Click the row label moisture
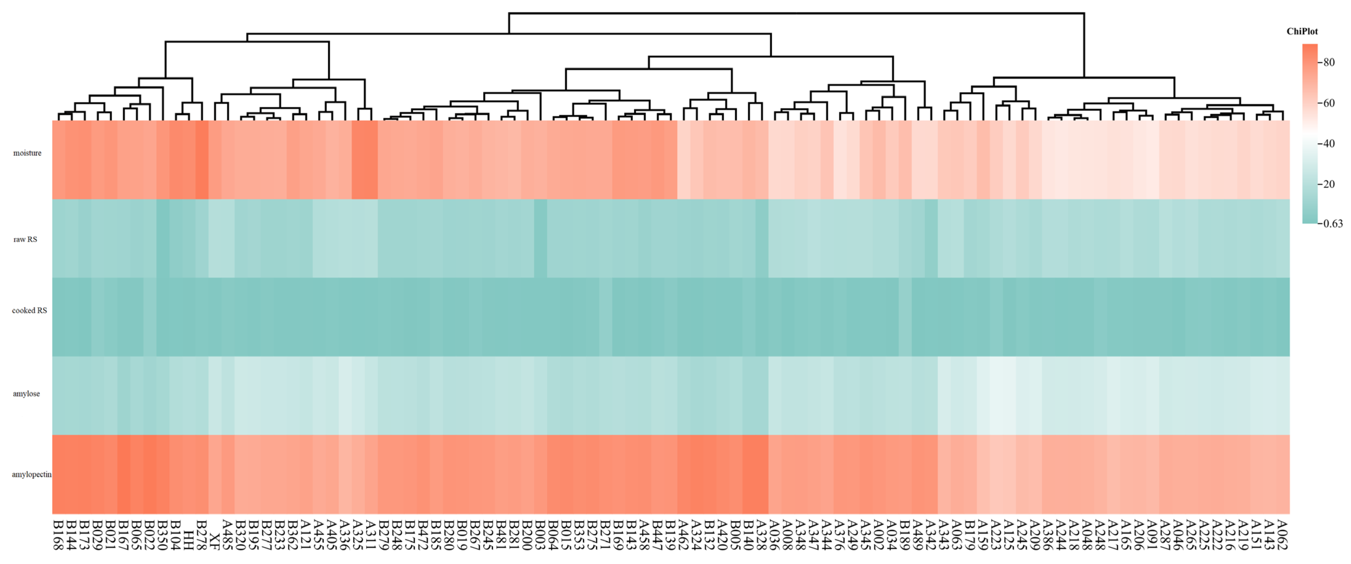pos(27,153)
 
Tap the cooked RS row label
pos(29,311)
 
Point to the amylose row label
pos(26,394)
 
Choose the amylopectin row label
pos(31,475)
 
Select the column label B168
pos(58,535)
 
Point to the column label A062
pos(1282,535)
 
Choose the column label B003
pos(540,535)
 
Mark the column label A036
pos(775,535)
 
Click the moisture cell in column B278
pos(202,160)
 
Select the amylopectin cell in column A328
pos(762,474)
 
